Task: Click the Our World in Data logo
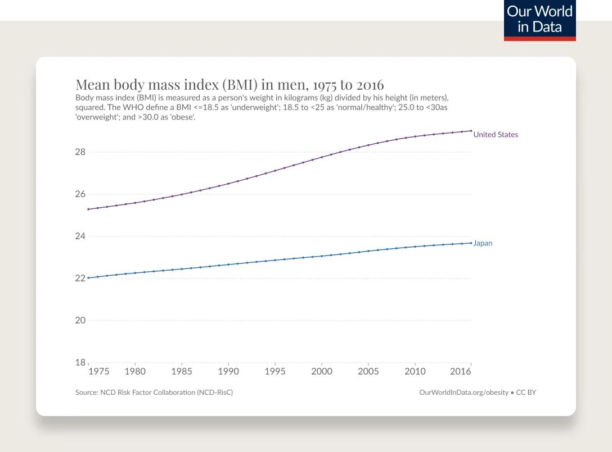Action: pos(539,20)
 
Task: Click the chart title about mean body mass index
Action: pos(229,85)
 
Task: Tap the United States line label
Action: pos(496,135)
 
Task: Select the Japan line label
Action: pos(483,243)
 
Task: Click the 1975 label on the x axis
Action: pos(98,372)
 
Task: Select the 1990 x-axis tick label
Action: pos(228,372)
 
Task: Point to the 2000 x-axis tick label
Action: pos(321,372)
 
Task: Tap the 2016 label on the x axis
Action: pos(461,372)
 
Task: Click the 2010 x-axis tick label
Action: pos(415,372)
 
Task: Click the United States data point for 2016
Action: pos(471,131)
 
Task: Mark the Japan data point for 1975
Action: pos(88,278)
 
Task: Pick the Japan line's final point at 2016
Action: pos(471,243)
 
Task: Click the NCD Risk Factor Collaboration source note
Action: pos(154,392)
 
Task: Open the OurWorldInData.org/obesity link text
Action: pos(463,392)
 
